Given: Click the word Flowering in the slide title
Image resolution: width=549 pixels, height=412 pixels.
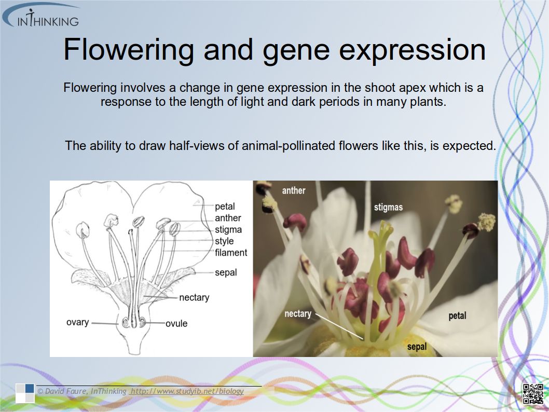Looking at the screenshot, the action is click(x=129, y=50).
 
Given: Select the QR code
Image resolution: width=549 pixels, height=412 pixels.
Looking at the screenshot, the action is click(x=533, y=394).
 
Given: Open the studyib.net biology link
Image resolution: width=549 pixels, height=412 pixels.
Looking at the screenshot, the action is click(x=187, y=391).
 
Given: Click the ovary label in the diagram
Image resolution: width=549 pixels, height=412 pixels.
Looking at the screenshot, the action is click(x=77, y=322).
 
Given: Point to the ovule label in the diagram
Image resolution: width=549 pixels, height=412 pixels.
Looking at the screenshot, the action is click(x=176, y=323).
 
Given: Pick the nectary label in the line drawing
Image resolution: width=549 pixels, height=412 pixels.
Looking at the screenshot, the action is click(x=194, y=297).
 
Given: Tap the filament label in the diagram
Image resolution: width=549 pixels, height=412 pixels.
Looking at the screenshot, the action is click(x=231, y=252).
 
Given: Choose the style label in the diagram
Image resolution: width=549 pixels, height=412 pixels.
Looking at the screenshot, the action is click(x=224, y=241).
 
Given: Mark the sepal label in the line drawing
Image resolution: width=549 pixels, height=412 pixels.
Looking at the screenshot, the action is click(x=226, y=272).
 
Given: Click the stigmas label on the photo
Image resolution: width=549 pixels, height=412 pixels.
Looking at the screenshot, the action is click(x=388, y=207).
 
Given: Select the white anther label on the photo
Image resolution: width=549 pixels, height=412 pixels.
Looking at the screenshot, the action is click(x=293, y=190).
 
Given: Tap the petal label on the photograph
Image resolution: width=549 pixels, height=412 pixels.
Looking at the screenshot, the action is click(x=457, y=315).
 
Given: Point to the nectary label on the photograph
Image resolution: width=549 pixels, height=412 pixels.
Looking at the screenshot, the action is click(x=298, y=313).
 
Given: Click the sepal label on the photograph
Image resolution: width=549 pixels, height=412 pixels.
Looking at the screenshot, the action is click(x=417, y=347).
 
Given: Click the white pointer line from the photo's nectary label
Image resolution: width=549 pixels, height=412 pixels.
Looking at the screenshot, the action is click(x=340, y=327).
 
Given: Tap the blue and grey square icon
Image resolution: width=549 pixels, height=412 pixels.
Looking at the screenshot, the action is click(x=25, y=393).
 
